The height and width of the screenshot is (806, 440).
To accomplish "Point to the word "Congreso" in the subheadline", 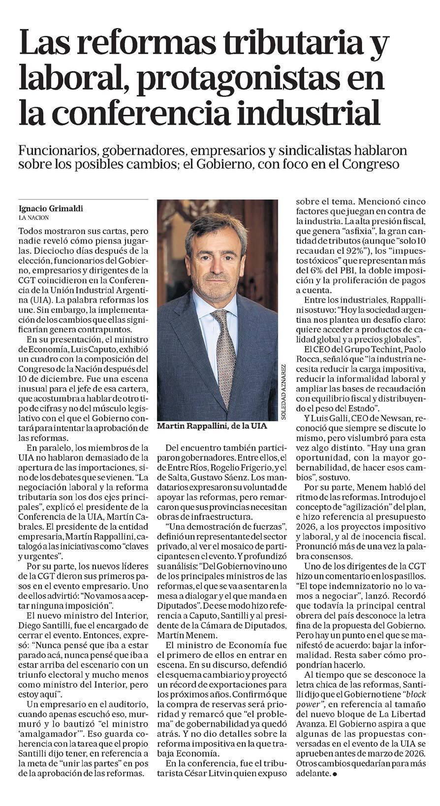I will coord(375,164).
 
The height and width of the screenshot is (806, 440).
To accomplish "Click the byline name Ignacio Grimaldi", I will coord(51,208).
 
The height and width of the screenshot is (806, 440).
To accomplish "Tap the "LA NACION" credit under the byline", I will coord(34,217).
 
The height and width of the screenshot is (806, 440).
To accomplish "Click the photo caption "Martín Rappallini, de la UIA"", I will coord(212,426).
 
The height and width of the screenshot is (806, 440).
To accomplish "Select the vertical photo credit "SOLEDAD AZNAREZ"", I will coord(283,392).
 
